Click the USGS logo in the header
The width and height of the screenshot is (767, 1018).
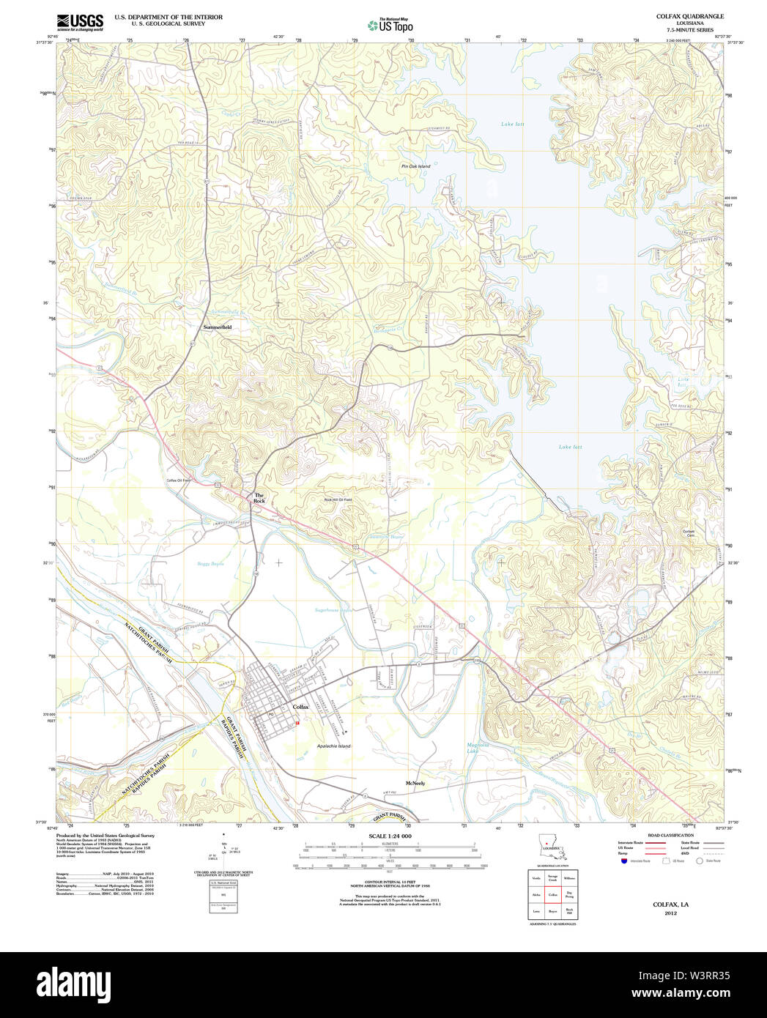80,22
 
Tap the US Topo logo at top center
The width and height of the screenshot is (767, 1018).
390,25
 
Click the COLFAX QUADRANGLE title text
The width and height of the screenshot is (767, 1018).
679,16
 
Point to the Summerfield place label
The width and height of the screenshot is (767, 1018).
217,327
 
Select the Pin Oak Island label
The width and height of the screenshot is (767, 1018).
415,166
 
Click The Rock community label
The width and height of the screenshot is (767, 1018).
259,498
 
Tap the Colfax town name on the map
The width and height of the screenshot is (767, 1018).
301,707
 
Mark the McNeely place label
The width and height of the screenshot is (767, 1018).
415,784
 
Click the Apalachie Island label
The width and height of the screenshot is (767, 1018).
333,746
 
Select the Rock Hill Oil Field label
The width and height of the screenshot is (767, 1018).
338,499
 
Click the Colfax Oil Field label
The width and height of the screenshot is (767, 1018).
178,480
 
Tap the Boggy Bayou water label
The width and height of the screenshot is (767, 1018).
210,564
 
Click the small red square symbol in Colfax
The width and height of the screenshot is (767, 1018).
297,723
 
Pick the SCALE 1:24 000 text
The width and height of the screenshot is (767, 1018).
390,836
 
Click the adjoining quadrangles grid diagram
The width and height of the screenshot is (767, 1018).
552,893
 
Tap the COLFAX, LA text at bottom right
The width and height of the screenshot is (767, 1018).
670,904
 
